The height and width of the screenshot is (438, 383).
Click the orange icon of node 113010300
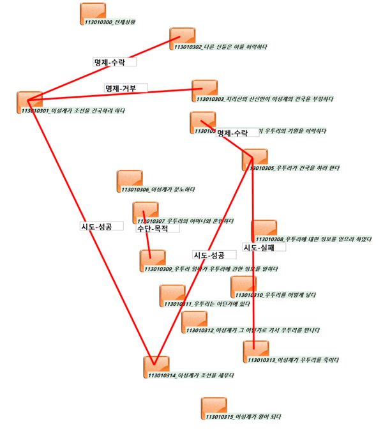click(x=93, y=11)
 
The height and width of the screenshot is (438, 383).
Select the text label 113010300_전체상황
click(x=110, y=22)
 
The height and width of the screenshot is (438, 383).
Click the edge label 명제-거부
click(x=126, y=87)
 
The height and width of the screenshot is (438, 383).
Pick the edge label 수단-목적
click(x=153, y=228)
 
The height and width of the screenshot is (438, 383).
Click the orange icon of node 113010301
click(x=29, y=100)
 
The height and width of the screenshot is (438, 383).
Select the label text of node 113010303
click(x=265, y=100)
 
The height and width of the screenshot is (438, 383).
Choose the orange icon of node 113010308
click(x=264, y=229)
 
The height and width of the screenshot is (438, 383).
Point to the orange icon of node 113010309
click(x=153, y=259)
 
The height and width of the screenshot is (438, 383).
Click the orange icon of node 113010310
click(x=243, y=285)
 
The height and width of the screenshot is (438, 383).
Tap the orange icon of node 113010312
click(x=194, y=320)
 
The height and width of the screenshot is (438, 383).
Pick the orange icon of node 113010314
click(x=156, y=365)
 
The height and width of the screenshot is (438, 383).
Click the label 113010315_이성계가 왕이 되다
click(x=245, y=417)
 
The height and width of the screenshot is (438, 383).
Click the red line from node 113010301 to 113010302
click(x=102, y=70)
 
